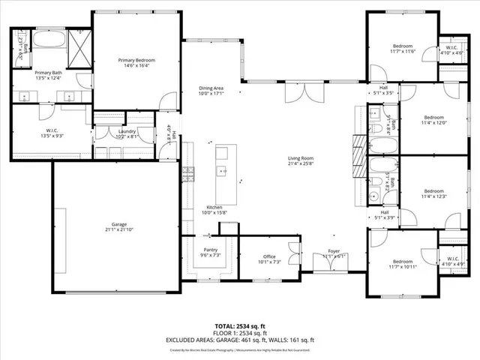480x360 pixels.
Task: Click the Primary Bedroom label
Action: pyautogui.click(x=136, y=59)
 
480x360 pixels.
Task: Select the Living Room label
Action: pyautogui.click(x=301, y=158)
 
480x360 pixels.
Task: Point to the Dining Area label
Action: pyautogui.click(x=211, y=88)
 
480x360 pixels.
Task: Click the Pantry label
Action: pyautogui.click(x=210, y=250)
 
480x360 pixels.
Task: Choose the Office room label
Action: pyautogui.click(x=269, y=256)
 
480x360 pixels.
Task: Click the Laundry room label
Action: pyautogui.click(x=126, y=131)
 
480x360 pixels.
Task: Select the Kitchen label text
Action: pyautogui.click(x=214, y=207)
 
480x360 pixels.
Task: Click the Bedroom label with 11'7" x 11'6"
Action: pyautogui.click(x=402, y=46)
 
